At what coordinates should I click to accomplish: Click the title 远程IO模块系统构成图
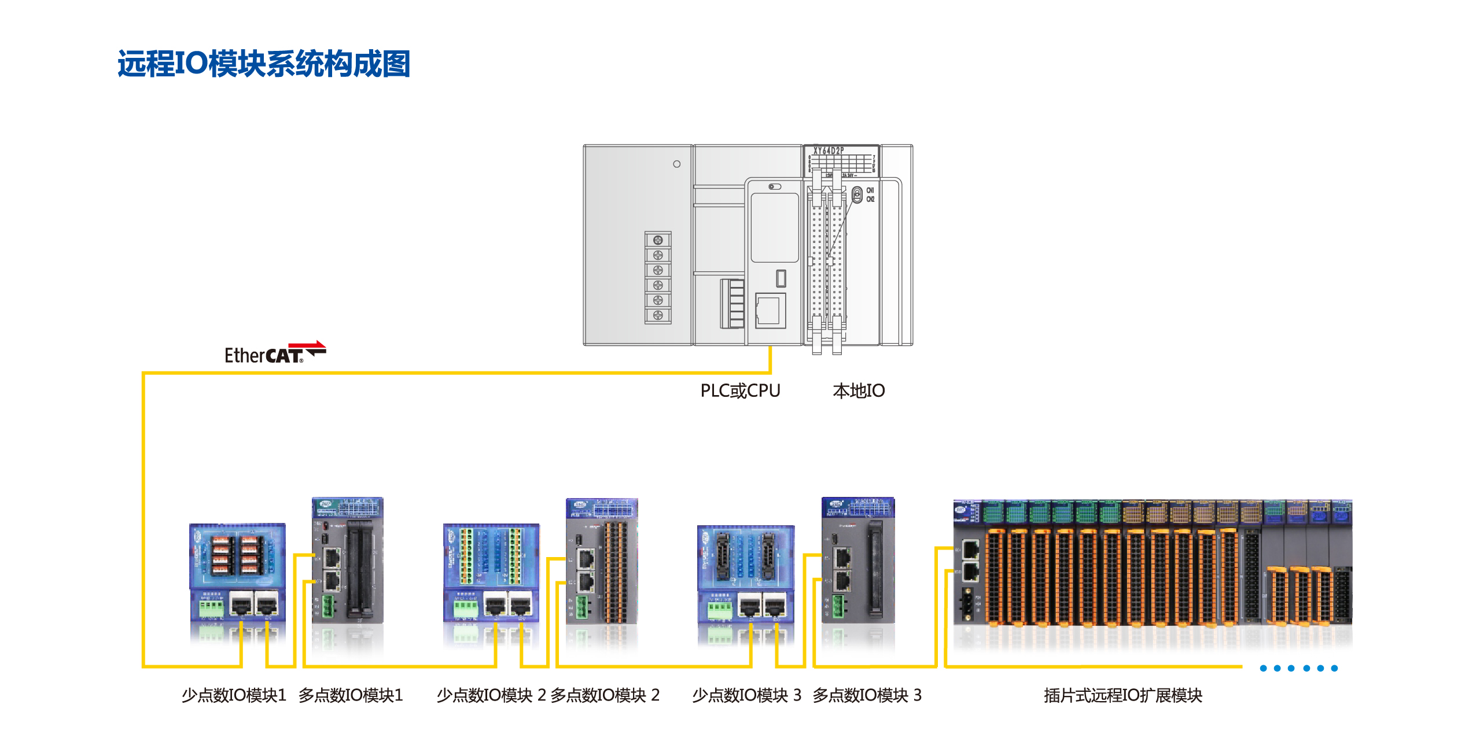pos(263,64)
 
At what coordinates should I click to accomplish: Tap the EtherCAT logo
pos(275,353)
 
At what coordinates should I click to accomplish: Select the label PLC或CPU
pos(740,391)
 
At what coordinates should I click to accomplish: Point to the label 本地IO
pos(859,391)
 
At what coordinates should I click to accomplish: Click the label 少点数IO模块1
pos(234,695)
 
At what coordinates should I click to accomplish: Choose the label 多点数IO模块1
pos(350,695)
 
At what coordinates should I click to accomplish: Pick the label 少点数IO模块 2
pos(491,695)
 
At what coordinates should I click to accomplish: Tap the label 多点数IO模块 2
pos(605,695)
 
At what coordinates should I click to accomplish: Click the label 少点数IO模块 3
pos(746,695)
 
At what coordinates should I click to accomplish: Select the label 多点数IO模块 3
pos(867,695)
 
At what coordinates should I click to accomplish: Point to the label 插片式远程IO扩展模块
pos(1122,695)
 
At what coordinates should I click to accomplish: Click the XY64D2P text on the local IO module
pos(829,151)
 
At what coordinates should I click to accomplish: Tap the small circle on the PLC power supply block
pos(676,164)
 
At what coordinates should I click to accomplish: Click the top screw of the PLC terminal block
pos(658,240)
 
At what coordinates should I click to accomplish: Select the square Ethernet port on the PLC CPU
pos(770,311)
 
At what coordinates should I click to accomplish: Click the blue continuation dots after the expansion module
pos(1298,668)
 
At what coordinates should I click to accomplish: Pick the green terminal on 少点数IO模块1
pos(211,608)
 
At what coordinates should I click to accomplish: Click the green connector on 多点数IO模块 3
pos(837,607)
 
